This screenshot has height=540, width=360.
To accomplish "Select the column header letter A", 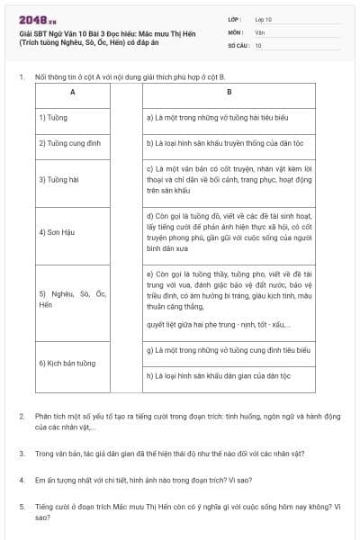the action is [72, 93].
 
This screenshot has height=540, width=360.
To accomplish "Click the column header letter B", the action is [229, 93].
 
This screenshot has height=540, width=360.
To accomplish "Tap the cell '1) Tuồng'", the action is [72, 117].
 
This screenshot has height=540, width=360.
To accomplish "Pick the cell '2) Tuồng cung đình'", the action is [72, 142].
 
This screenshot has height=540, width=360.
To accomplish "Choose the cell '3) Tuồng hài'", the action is [72, 179].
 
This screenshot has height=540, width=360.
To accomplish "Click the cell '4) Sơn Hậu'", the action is [72, 232].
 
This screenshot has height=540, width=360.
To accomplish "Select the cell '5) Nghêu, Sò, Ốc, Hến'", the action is [72, 299].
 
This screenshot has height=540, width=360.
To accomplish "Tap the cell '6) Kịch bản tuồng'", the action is [72, 364].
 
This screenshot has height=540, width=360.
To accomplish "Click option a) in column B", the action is [229, 117].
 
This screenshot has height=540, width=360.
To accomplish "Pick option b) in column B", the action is [229, 142].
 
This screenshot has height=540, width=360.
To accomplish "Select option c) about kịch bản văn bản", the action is [229, 179].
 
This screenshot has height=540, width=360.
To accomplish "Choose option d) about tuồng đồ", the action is [229, 232].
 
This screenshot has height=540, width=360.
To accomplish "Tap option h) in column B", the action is [229, 376].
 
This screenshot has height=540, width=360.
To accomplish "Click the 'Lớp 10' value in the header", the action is [264, 19].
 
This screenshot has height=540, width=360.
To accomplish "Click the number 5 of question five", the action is [22, 507].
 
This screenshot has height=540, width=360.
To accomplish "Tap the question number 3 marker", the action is [22, 454].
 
